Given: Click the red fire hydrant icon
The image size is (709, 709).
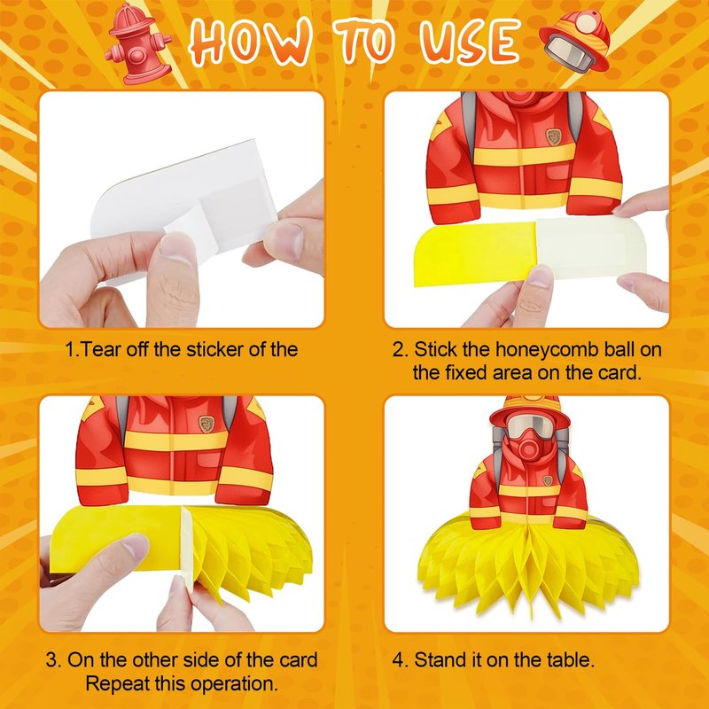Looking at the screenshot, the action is point(138,44).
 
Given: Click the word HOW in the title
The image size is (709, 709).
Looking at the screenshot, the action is point(251,43).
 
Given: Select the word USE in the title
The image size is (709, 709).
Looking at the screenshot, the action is point(470,42).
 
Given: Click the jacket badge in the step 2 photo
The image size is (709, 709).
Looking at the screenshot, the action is point(553,136).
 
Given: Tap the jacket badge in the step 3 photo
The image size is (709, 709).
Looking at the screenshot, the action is point(206,424).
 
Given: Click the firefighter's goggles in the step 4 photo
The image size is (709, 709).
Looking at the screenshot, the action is point(529,426).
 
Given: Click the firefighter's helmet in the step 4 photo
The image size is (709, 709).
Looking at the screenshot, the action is point(530,409).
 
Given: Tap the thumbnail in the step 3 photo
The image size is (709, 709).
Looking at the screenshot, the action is point(136,546).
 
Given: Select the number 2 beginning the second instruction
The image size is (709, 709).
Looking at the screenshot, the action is point(400,350).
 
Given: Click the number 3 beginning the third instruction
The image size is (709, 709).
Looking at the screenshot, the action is point(54,660).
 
